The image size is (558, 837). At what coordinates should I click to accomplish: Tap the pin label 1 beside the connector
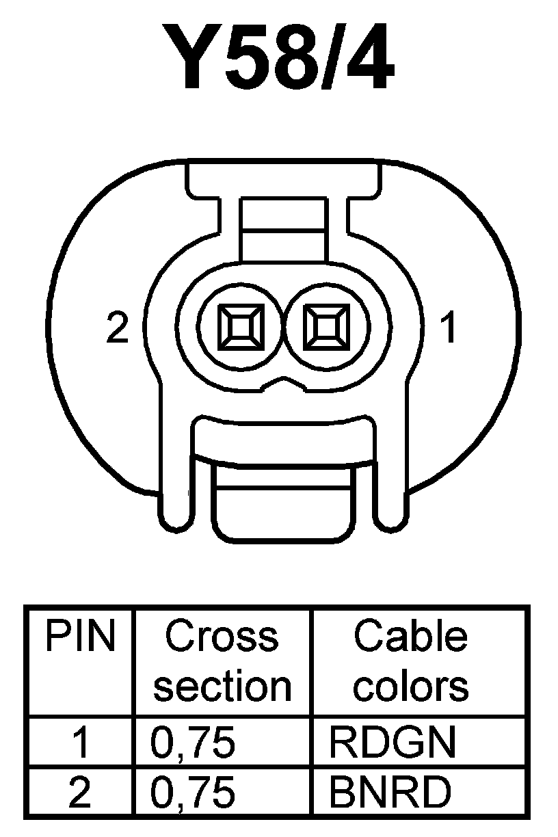click(x=448, y=329)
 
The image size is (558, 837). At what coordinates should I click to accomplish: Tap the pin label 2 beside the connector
click(x=118, y=329)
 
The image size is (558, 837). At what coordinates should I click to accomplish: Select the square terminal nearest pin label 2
click(x=239, y=325)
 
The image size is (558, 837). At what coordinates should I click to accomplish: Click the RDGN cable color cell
click(x=392, y=743)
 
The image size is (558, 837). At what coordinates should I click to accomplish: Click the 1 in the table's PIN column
click(x=81, y=743)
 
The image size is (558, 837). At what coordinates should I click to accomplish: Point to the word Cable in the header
click(x=410, y=637)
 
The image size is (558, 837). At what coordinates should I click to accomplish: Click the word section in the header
click(x=222, y=686)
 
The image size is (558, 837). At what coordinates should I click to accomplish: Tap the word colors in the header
click(x=410, y=686)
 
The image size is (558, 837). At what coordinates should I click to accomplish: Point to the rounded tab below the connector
click(x=283, y=503)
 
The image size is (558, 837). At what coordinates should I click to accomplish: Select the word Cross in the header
click(x=222, y=637)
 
